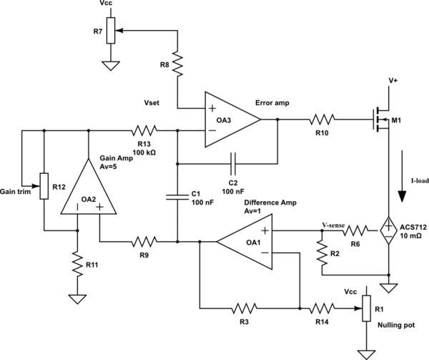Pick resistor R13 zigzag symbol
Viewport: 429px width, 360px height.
tap(142, 131)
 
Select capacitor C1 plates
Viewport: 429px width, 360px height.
tap(176, 198)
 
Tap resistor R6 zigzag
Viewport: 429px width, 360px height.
tap(357, 231)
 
